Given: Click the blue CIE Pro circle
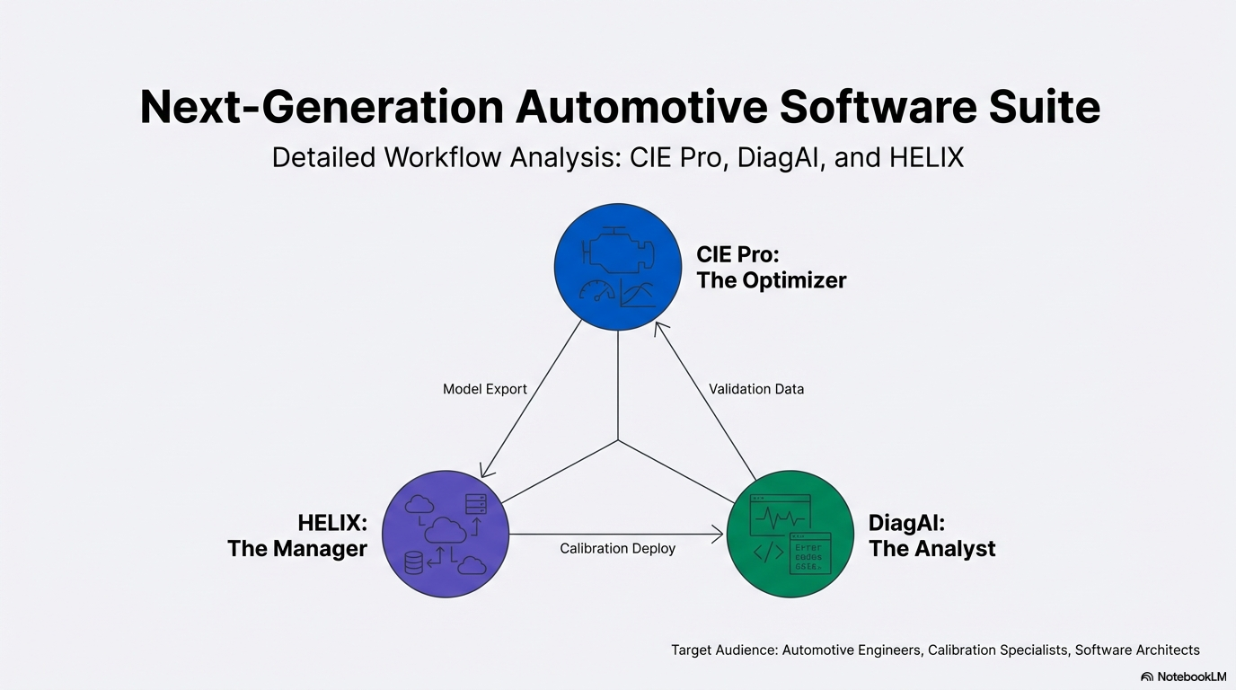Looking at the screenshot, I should [x=618, y=267].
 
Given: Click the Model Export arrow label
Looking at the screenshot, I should [x=485, y=389].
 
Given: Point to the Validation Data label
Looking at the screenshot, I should [x=756, y=389].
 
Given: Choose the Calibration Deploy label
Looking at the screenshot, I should [x=617, y=548].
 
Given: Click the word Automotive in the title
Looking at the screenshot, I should [x=641, y=108].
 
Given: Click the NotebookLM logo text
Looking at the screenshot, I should [x=1191, y=677].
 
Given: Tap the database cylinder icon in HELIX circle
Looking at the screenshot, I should [x=414, y=563].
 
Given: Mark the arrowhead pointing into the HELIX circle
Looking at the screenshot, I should [x=485, y=471].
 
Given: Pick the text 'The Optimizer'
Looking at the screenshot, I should [x=771, y=280].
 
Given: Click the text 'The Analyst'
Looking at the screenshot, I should [x=931, y=548].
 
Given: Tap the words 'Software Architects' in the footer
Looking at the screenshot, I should [x=1137, y=650].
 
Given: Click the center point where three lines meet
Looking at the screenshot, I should [x=618, y=440].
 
